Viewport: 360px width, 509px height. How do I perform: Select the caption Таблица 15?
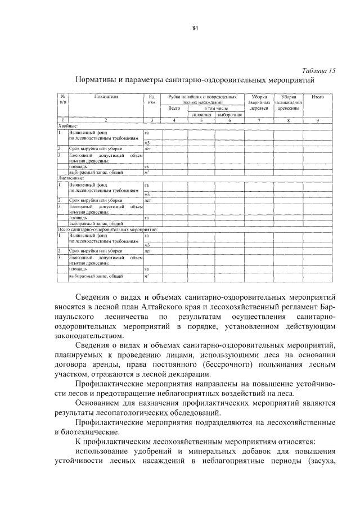click(x=318, y=71)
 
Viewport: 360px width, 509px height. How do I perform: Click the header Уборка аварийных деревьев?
click(x=259, y=102)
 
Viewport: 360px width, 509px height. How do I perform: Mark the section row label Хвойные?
click(x=68, y=125)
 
